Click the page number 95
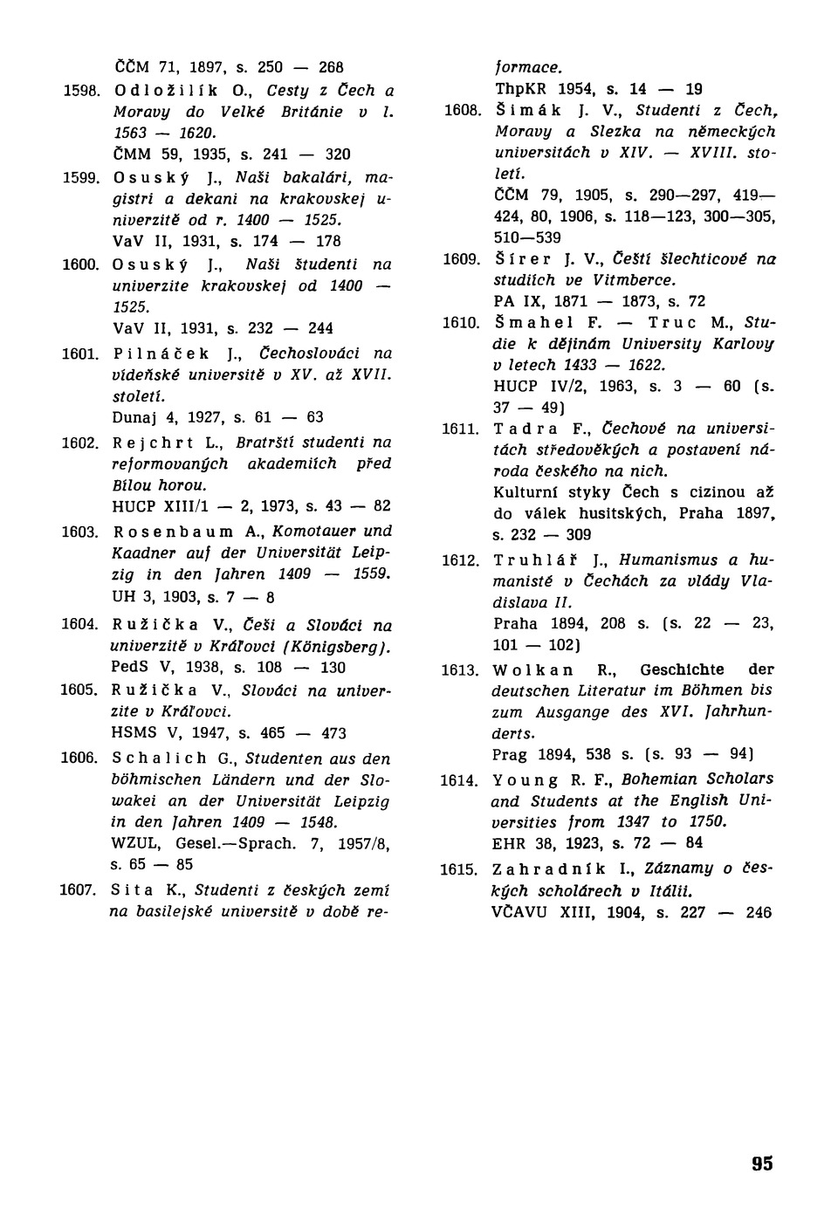click(x=761, y=1164)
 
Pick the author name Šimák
click(x=526, y=111)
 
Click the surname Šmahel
click(x=534, y=323)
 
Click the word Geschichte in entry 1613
click(x=682, y=669)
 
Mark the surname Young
click(x=525, y=779)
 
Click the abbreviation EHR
click(x=510, y=843)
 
